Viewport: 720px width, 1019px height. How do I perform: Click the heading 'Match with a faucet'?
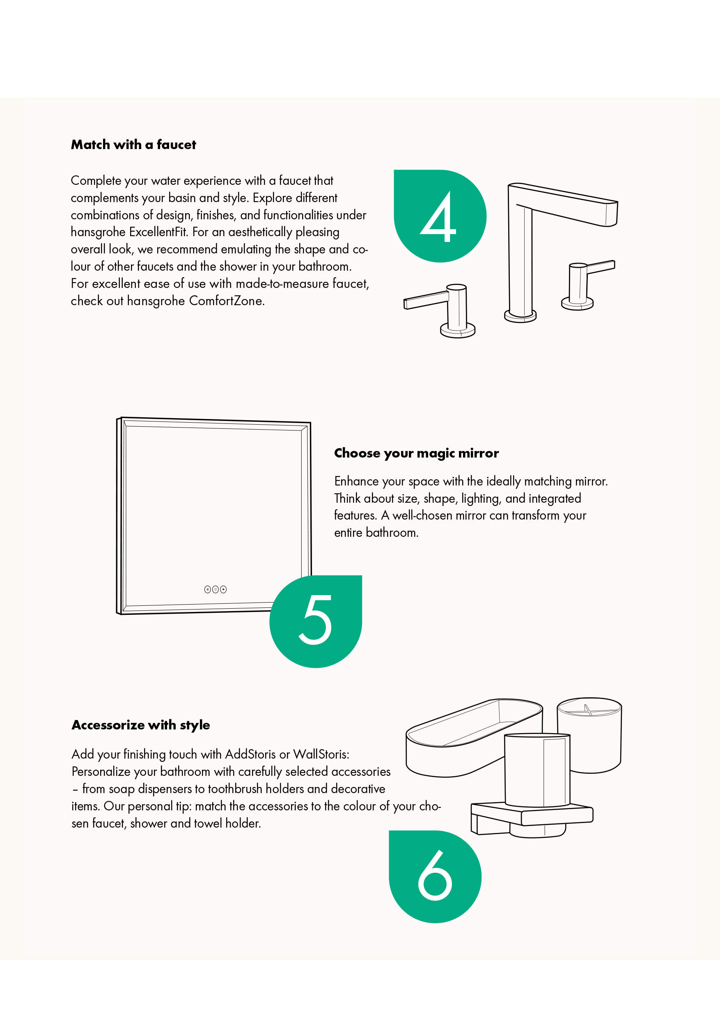click(x=133, y=145)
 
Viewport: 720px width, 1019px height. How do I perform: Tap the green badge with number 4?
click(x=440, y=216)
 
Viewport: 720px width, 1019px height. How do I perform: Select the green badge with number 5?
click(x=316, y=621)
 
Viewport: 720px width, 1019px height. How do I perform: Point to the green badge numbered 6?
click(x=435, y=876)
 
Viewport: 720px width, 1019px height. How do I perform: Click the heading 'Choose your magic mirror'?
click(x=416, y=453)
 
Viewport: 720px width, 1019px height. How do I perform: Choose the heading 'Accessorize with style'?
click(x=141, y=725)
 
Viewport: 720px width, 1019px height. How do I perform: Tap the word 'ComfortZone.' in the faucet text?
click(x=227, y=301)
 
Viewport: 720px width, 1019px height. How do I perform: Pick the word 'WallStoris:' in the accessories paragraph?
click(x=321, y=754)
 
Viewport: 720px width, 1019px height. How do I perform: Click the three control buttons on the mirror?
click(x=216, y=589)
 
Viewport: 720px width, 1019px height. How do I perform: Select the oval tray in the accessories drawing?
click(x=474, y=738)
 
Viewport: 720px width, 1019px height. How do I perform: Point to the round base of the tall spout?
click(x=520, y=315)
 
